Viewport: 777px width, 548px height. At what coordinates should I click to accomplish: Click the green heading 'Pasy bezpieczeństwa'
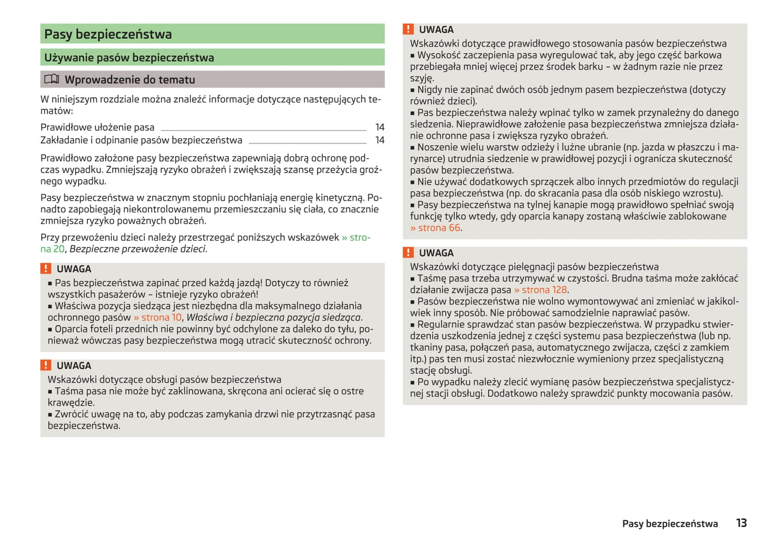pos(108,34)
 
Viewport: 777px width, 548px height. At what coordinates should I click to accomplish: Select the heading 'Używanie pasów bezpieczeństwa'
pos(129,58)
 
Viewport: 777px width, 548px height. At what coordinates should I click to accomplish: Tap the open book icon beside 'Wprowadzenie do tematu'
pos(52,80)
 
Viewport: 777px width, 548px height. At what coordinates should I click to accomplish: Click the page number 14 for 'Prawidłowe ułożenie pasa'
pos(380,127)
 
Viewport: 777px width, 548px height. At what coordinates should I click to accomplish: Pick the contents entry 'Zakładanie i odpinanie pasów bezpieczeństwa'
pos(141,140)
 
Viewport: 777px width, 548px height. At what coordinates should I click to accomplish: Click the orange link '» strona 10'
pos(158,318)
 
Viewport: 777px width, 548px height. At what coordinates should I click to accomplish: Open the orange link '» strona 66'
pos(435,228)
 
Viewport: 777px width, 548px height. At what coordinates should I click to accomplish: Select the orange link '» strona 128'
pos(540,290)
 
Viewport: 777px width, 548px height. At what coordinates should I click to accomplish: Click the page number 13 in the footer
pos(741,523)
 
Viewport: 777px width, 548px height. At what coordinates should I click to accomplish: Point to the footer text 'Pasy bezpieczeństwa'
pos(669,524)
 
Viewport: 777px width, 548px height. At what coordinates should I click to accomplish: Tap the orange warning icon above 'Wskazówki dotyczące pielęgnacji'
pos(409,253)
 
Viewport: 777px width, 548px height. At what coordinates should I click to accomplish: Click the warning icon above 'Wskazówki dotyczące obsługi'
pos(46,366)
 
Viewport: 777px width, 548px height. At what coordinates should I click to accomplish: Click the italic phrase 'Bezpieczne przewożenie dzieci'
pos(138,249)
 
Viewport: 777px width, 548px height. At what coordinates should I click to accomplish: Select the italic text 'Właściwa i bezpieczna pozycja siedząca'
pos(274,318)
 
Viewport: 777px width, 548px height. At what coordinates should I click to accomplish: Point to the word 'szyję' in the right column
pos(421,79)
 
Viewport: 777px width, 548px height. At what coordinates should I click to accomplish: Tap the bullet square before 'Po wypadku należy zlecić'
pos(413,382)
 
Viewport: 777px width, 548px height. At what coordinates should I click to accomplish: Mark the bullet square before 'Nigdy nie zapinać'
pos(413,90)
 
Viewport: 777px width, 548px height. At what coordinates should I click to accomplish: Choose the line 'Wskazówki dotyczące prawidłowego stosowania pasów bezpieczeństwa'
pos(568,44)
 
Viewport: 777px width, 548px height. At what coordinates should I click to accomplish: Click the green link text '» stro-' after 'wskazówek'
pos(356,238)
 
